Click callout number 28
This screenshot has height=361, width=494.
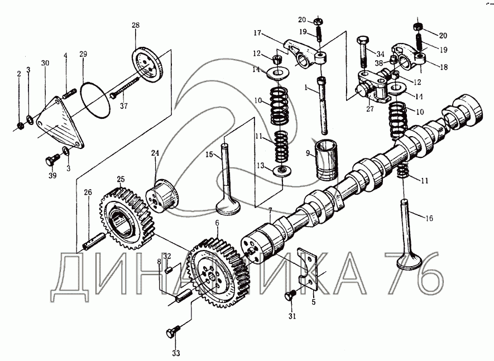pyautogui.click(x=136, y=26)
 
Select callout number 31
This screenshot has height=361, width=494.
pyautogui.click(x=290, y=317)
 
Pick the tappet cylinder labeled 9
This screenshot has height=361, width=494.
pyautogui.click(x=328, y=162)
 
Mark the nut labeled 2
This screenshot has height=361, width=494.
pyautogui.click(x=19, y=123)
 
